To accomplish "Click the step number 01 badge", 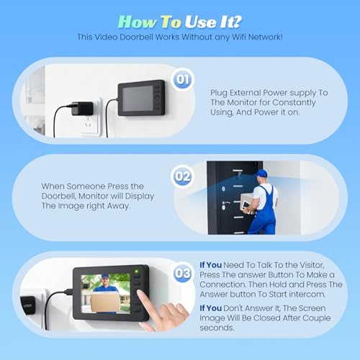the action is [x=183, y=79].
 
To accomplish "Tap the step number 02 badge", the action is [x=183, y=176].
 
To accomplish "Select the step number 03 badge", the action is [x=183, y=273].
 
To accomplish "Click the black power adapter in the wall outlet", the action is [x=82, y=108].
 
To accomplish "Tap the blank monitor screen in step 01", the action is [x=138, y=99].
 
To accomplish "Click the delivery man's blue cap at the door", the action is [x=261, y=173].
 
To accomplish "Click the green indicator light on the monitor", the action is [x=137, y=271].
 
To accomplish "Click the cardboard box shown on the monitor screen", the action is [x=105, y=302].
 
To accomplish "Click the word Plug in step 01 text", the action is [x=219, y=93].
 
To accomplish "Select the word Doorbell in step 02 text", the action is [x=58, y=196].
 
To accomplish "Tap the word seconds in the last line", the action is [x=217, y=328].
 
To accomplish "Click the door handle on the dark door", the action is [x=225, y=203].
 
